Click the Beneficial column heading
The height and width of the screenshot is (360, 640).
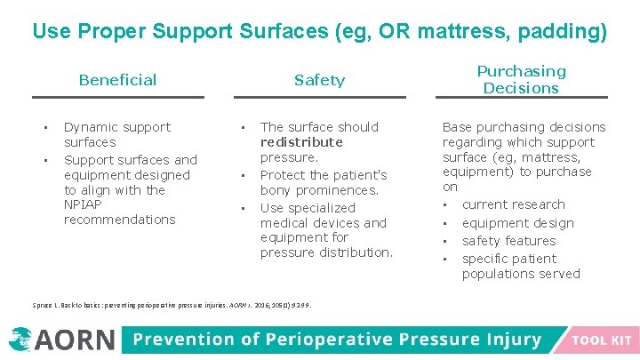(117, 80)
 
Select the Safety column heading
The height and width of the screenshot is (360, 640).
(319, 80)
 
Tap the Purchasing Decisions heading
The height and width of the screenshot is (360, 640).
(521, 79)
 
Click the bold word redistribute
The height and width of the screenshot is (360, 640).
(301, 142)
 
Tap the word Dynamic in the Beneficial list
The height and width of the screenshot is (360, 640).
(92, 127)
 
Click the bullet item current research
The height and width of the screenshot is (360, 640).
(513, 204)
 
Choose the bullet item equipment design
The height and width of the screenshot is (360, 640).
(517, 223)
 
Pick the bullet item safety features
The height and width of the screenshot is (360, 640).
(508, 241)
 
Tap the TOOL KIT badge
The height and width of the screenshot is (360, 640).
(602, 340)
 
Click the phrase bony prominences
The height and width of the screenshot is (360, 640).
(319, 190)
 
